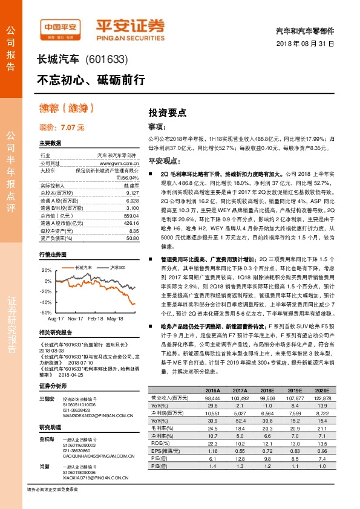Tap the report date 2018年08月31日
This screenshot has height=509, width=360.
[x=304, y=44]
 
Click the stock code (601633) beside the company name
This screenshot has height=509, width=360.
[x=107, y=59]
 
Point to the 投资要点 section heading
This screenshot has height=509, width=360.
[x=167, y=113]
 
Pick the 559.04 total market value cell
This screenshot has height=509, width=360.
[x=131, y=216]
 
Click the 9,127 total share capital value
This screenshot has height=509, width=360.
[x=133, y=193]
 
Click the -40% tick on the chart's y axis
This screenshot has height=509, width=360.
[x=47, y=302]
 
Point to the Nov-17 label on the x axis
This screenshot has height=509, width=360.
[x=75, y=317]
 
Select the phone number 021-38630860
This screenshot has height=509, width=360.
[x=77, y=450]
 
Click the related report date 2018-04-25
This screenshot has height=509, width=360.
[x=107, y=374]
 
